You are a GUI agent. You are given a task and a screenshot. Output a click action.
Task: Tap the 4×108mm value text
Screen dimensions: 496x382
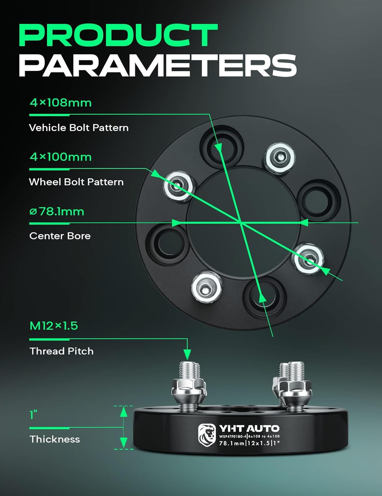tap(61, 103)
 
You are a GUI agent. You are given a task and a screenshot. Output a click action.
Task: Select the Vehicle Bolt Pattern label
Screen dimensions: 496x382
tap(79, 128)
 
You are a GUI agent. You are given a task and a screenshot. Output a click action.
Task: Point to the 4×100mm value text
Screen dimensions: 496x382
tap(61, 157)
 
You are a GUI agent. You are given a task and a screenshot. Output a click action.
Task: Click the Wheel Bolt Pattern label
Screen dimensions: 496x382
tap(76, 182)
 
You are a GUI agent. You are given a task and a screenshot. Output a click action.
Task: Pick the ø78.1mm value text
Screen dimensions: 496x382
tap(57, 211)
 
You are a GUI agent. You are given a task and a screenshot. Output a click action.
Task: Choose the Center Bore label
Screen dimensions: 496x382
tap(60, 236)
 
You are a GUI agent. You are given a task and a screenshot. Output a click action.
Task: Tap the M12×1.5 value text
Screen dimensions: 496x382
tap(54, 326)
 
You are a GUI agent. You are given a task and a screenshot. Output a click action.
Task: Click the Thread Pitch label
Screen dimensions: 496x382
tap(62, 351)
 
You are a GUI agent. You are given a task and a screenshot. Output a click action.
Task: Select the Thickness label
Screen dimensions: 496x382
tap(55, 439)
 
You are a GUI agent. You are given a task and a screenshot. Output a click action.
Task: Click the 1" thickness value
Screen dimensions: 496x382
tap(33, 415)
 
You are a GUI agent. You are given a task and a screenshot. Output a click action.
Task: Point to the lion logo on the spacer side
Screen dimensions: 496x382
tap(207, 434)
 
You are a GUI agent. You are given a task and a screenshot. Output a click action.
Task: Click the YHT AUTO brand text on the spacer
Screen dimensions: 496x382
tap(249, 429)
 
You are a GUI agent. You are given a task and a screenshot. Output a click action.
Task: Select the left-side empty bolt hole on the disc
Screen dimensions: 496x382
tap(167, 243)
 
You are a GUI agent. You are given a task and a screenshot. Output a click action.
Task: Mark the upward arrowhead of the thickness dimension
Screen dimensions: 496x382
tap(123, 412)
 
